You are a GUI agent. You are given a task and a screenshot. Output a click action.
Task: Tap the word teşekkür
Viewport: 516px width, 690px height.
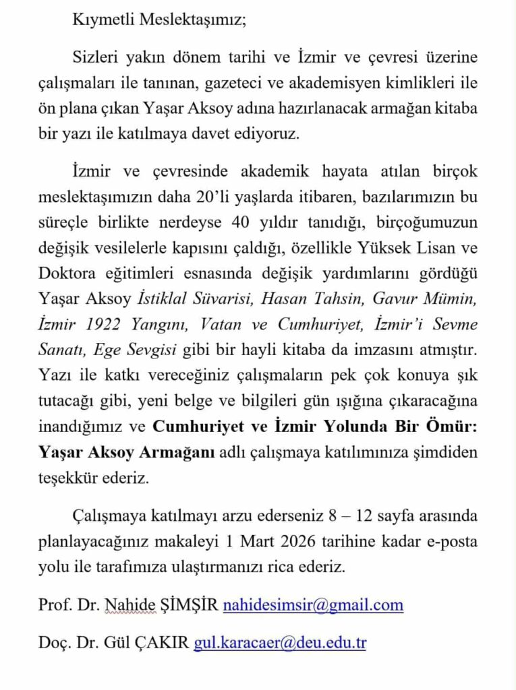pos(72,478)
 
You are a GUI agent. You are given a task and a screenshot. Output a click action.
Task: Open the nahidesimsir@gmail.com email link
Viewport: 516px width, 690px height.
pos(313,605)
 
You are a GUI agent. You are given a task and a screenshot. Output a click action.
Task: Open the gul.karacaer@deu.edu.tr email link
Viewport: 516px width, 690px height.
pos(280,643)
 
